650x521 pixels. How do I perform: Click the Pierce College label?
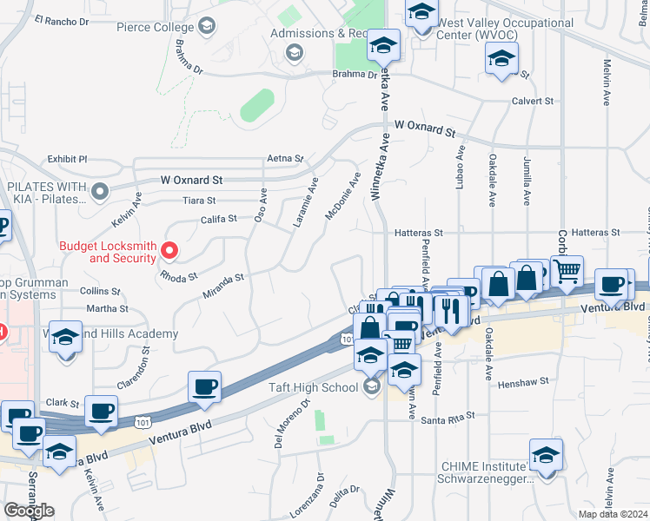click(x=156, y=27)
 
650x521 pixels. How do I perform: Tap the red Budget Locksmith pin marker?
click(x=170, y=253)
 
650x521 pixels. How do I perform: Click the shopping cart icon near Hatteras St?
click(x=567, y=271)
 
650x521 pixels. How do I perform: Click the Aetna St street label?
click(x=285, y=159)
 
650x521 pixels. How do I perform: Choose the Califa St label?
click(x=220, y=220)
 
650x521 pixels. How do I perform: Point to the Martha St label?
click(x=108, y=308)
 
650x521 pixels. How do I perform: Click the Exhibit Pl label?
click(x=68, y=160)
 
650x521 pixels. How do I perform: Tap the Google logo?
click(x=30, y=511)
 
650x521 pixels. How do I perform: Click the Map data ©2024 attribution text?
click(x=614, y=514)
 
